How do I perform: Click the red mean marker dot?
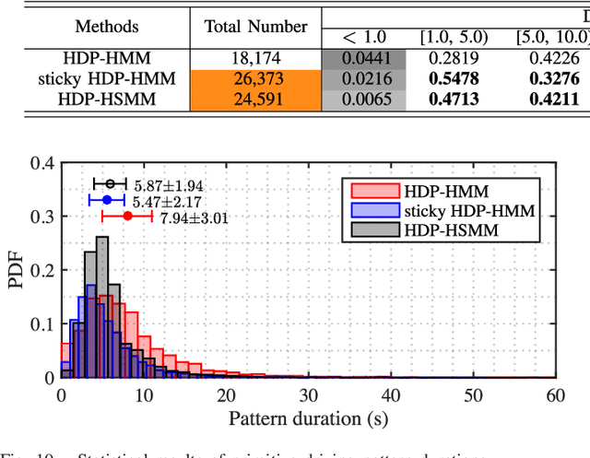coord(127,217)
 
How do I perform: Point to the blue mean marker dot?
coord(107,199)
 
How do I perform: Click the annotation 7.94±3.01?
coord(194,217)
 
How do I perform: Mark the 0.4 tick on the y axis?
coord(41,164)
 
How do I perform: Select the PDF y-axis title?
coord(17,271)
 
